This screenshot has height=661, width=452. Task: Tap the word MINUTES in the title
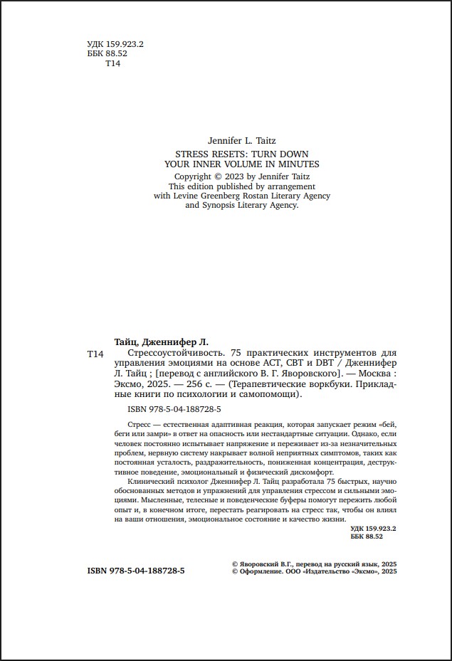tap(299, 163)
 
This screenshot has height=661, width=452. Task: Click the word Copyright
tap(193, 176)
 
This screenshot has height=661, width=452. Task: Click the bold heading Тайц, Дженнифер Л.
tap(162, 341)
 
